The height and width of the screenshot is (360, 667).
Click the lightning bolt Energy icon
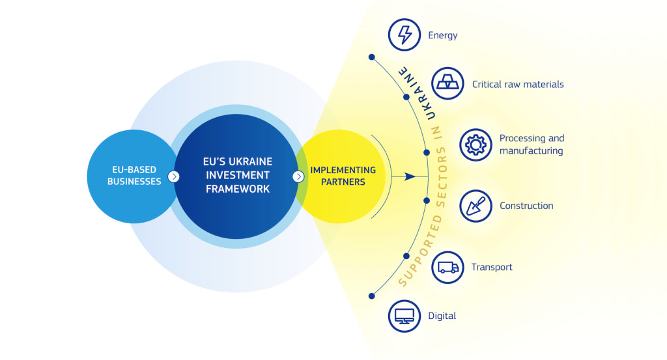404,35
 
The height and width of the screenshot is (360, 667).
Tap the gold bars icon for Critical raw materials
447,83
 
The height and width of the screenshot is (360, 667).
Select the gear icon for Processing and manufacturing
475,145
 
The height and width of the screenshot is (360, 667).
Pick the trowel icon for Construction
475,206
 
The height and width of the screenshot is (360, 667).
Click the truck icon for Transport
447,268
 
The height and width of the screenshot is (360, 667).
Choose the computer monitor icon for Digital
404,316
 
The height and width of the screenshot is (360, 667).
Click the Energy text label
442,36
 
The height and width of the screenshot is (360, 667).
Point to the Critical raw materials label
518,84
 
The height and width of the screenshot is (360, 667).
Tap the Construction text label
526,206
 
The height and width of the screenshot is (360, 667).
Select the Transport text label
492,268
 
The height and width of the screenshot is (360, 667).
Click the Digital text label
442,316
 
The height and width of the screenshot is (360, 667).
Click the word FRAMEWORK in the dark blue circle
238,189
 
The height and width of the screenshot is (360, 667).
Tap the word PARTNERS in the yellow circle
343,182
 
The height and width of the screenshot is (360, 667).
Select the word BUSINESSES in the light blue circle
134,182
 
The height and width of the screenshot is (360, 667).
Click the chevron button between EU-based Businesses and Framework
173,176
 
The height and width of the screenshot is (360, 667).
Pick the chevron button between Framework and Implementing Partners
298,176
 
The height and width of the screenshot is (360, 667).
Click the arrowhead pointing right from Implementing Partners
410,176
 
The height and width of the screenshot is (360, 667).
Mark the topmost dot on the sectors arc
372,57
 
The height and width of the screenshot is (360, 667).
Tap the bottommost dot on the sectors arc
372,296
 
